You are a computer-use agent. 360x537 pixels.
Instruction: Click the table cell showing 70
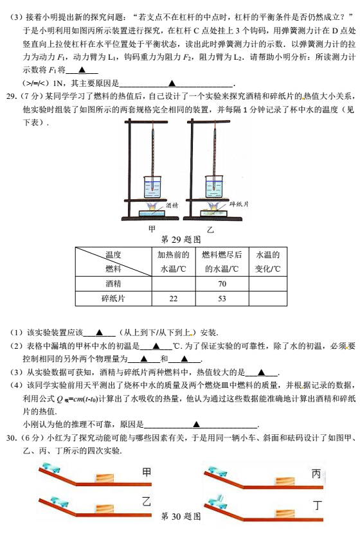point(222,283)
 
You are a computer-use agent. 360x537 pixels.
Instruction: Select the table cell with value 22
point(174,298)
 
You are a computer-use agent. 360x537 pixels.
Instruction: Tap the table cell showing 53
point(222,298)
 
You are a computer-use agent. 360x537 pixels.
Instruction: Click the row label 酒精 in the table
point(113,283)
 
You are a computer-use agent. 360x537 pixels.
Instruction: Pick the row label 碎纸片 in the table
point(113,298)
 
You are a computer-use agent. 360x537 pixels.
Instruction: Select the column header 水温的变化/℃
point(268,261)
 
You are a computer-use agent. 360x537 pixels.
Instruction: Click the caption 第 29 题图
point(181,240)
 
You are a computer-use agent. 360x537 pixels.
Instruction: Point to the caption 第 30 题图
point(181,516)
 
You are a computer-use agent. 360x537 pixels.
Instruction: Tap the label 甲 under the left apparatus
point(152,229)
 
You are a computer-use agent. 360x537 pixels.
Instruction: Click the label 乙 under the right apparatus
point(210,229)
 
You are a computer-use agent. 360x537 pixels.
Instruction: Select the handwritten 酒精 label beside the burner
point(172,205)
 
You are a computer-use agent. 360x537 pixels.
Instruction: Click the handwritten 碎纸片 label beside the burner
point(239,204)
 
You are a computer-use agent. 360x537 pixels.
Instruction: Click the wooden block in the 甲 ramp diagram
point(105,478)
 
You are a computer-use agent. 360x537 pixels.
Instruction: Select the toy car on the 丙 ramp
point(218,471)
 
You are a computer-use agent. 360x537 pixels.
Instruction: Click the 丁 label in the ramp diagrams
point(318,505)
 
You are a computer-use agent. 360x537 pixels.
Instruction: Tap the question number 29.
point(12,96)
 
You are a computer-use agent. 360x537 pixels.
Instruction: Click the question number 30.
point(12,437)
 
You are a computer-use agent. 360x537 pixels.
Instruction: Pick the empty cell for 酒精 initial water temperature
point(174,283)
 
